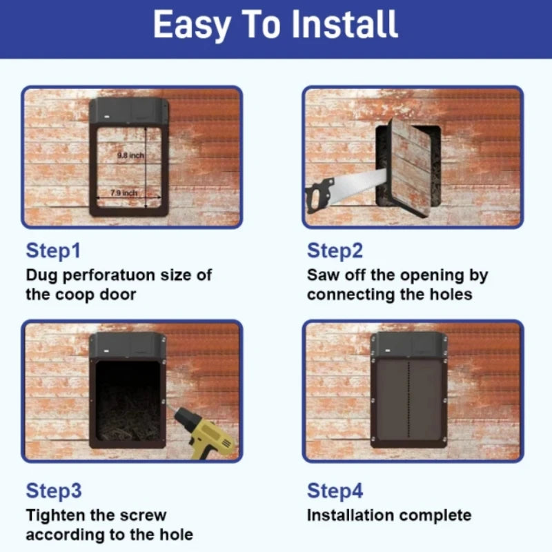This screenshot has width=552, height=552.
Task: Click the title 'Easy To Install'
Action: coord(275,25)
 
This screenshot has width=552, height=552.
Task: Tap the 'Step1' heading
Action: coord(57,251)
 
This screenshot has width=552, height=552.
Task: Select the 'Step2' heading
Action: coord(335,251)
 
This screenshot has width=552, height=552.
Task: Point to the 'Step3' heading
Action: coord(54,491)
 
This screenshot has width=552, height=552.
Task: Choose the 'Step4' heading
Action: coord(335,491)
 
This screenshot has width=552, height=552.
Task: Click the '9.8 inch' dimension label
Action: coord(130,156)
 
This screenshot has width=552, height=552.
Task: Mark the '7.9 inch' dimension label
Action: coord(124,193)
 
